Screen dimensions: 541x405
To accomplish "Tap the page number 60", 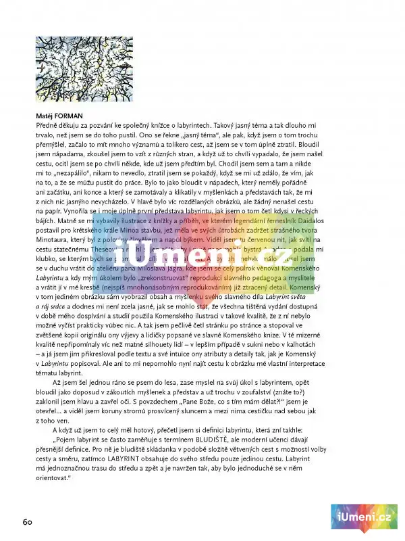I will click(x=28, y=521).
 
